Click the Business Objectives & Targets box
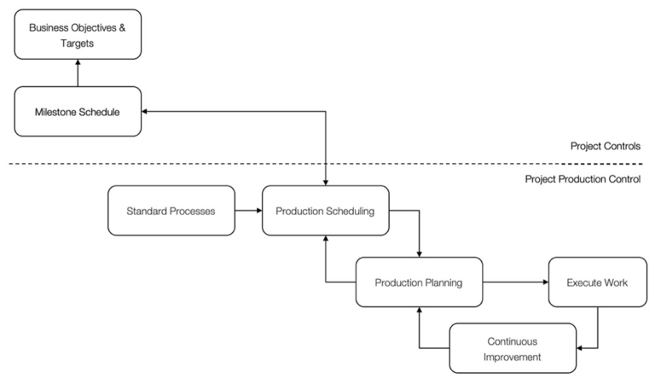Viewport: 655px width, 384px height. [78, 34]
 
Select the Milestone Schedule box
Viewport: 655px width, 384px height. [78, 111]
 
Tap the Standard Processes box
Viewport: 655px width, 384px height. [171, 210]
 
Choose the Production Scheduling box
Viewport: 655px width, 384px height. [326, 210]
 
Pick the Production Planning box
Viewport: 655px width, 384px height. [420, 282]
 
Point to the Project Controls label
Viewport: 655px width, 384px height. [606, 146]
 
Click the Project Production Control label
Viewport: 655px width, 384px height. [583, 179]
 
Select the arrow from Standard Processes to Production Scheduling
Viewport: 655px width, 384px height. [248, 210]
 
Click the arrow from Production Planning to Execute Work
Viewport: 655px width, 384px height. [515, 282]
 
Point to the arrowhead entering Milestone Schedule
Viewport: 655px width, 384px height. [146, 111]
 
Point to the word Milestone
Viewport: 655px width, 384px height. [56, 111]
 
